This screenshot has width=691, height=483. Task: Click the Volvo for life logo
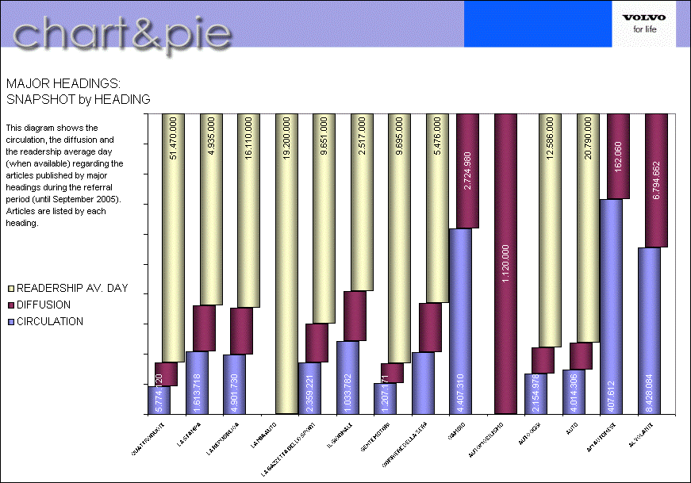click(643, 24)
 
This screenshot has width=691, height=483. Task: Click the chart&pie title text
click(122, 34)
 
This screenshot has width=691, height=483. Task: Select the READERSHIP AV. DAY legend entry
click(67, 288)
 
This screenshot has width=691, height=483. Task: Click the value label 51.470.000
click(174, 138)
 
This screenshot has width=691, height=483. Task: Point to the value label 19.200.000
click(286, 140)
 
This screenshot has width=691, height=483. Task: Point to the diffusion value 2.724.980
click(469, 167)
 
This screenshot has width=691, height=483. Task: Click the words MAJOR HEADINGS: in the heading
click(63, 82)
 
